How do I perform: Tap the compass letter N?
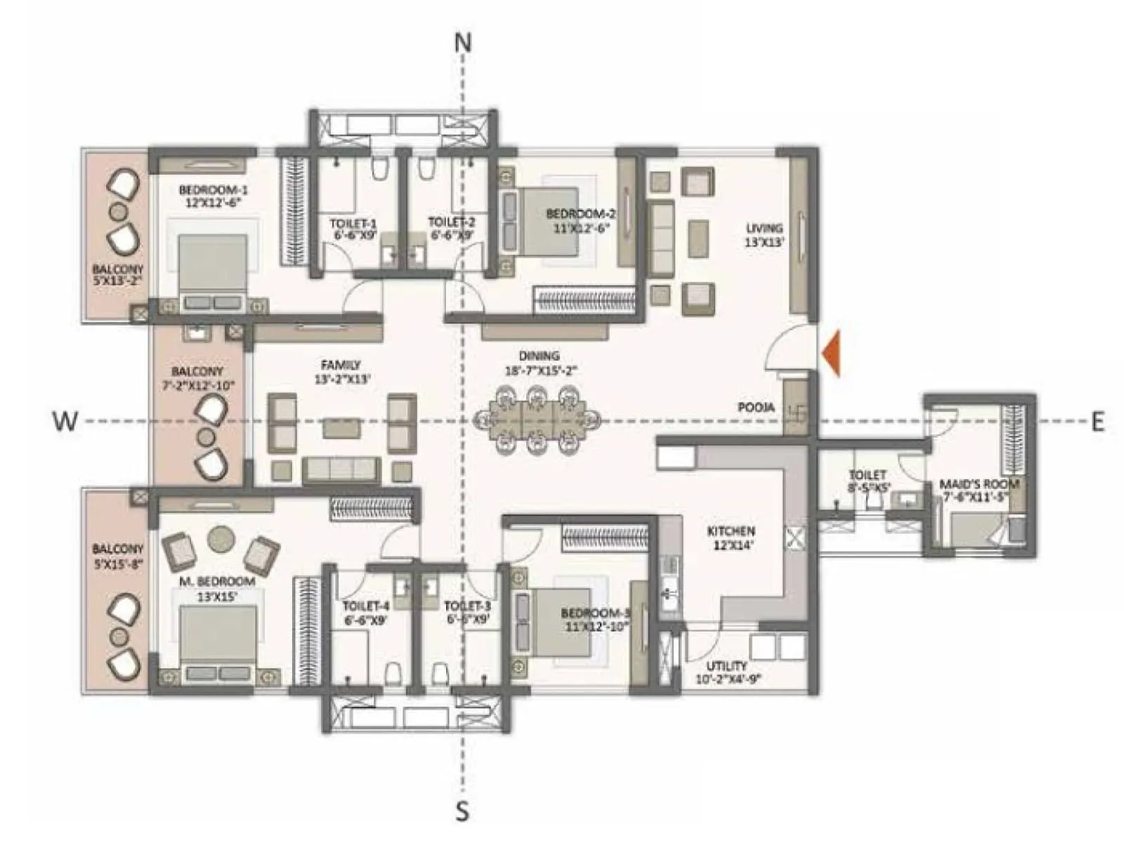coord(462,44)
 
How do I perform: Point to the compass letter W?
coord(65,421)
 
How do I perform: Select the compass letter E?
coord(1097,421)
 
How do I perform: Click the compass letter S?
coord(462,811)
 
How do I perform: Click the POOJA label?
coord(756,407)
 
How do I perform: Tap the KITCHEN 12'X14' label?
coord(731,537)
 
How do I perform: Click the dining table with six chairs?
coord(537,420)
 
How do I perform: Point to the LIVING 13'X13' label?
coord(764,235)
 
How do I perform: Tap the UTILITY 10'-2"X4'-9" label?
coord(727,672)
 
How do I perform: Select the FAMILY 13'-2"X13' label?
coord(341,371)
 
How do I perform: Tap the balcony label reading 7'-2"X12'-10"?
coord(197,378)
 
